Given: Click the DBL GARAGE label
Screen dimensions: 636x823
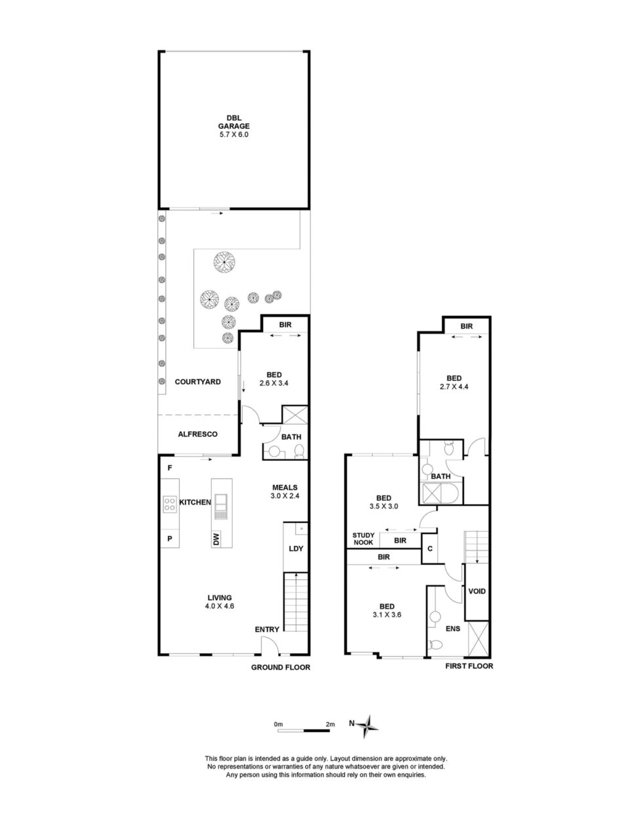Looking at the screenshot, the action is [x=233, y=122].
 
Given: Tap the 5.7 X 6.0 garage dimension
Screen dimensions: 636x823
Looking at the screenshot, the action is [x=233, y=134].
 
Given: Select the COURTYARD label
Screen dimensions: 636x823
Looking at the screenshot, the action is [x=198, y=382].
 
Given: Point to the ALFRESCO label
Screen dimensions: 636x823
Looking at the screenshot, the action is [x=198, y=434].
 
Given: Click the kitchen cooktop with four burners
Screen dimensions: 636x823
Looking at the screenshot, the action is [x=169, y=504].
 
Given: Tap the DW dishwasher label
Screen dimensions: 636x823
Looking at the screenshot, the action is [x=216, y=539].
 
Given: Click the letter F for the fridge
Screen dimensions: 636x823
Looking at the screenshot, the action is [x=170, y=468].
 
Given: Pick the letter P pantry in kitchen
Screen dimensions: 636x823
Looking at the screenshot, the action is [x=170, y=539].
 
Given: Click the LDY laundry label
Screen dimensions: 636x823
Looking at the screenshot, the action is [x=296, y=548].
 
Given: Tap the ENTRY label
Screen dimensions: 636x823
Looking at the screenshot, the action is [x=267, y=630].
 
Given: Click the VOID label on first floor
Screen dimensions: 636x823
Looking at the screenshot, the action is [x=477, y=591].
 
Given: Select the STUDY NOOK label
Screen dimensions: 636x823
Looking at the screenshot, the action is [x=363, y=539].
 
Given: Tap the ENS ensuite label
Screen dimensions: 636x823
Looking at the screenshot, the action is [x=452, y=628].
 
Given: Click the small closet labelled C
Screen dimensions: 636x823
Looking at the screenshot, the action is [x=430, y=548].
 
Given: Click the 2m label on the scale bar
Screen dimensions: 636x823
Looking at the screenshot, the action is [x=330, y=724].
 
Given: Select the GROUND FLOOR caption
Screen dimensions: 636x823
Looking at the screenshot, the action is [x=281, y=667].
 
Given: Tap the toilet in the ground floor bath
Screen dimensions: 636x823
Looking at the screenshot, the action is [x=300, y=451].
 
